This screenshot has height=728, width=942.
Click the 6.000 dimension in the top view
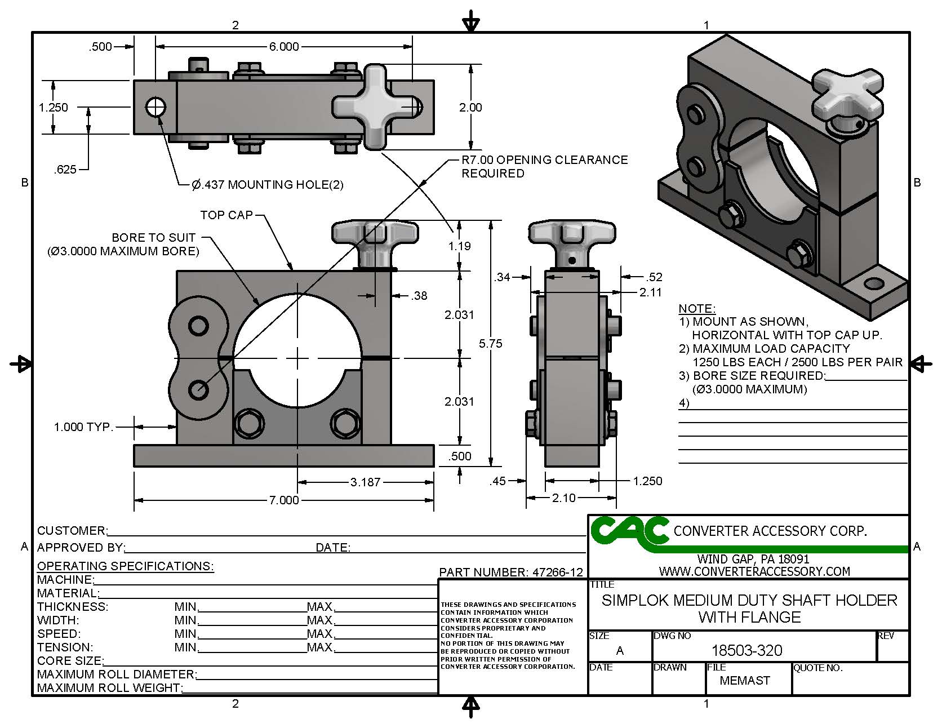(x=283, y=47)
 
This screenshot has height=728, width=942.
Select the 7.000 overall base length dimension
(x=283, y=500)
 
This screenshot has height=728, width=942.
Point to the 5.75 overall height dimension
(x=490, y=343)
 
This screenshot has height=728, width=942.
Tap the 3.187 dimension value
(x=365, y=482)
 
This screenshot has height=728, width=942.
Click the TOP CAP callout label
(x=226, y=215)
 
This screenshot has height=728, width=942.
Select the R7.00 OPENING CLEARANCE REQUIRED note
(x=544, y=166)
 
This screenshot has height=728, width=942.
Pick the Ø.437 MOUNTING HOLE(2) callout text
(x=268, y=184)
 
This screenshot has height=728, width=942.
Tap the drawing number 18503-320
(x=747, y=651)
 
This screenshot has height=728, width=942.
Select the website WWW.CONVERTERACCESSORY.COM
(x=754, y=571)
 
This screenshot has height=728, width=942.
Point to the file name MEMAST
(x=744, y=681)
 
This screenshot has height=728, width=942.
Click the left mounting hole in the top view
(x=155, y=106)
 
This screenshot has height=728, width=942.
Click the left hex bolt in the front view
(x=249, y=422)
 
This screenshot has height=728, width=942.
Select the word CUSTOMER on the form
(x=71, y=531)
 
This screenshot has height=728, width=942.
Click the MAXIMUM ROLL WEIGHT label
(x=109, y=688)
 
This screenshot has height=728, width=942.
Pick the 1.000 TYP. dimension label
(x=83, y=427)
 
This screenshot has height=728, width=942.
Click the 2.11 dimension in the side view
(x=650, y=292)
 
